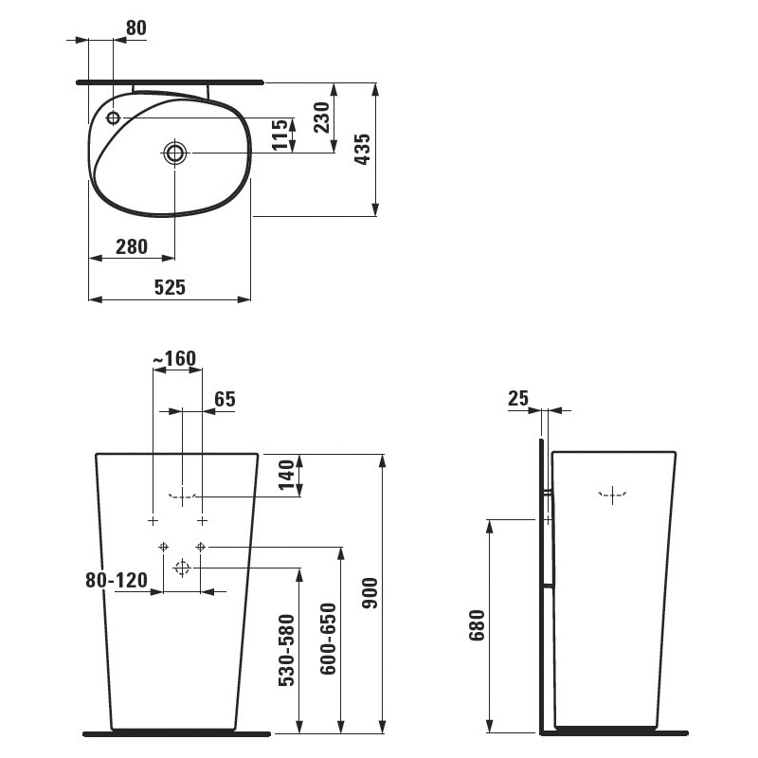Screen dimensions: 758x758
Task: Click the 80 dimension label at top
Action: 135,27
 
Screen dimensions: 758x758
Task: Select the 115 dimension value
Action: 280,135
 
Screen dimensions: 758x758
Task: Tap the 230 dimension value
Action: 321,118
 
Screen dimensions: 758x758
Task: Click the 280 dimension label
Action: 131,246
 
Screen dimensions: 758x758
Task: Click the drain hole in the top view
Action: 175,153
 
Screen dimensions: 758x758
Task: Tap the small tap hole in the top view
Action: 113,118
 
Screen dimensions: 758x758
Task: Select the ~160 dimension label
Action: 174,358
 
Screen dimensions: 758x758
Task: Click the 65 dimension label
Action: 225,399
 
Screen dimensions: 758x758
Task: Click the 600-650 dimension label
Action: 327,639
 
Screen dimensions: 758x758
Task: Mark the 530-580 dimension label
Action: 287,649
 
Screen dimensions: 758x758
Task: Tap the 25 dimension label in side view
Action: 518,399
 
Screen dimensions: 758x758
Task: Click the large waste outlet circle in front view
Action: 182,568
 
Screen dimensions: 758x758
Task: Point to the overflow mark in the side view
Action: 614,494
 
